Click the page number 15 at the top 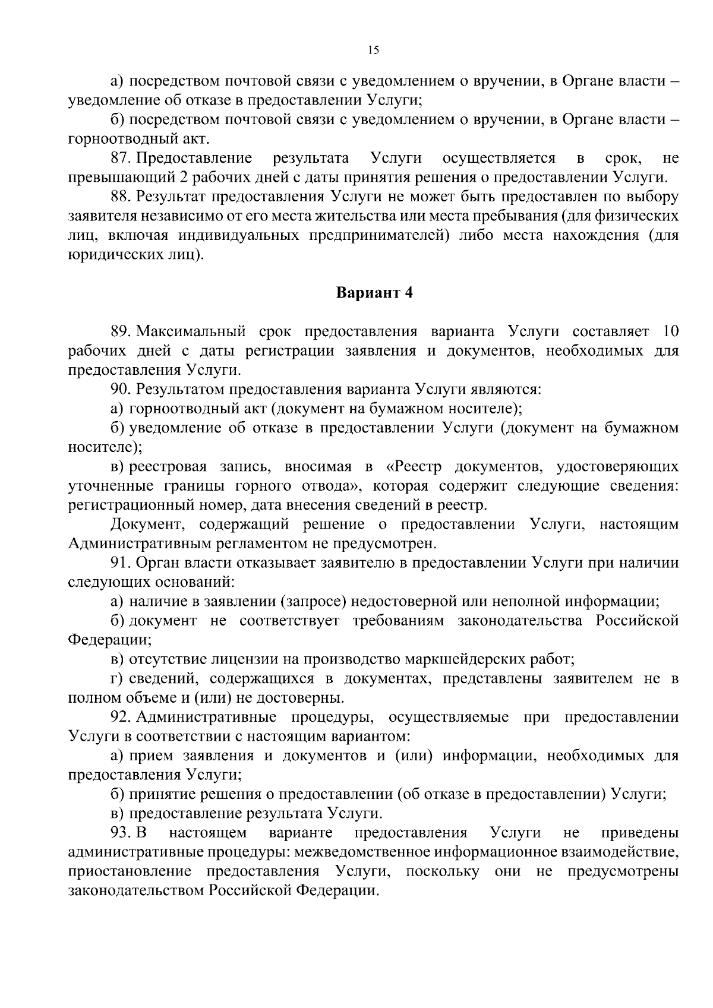pyautogui.click(x=373, y=50)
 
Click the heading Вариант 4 pyautogui.click(x=374, y=293)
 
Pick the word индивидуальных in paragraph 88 pyautogui.click(x=241, y=235)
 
